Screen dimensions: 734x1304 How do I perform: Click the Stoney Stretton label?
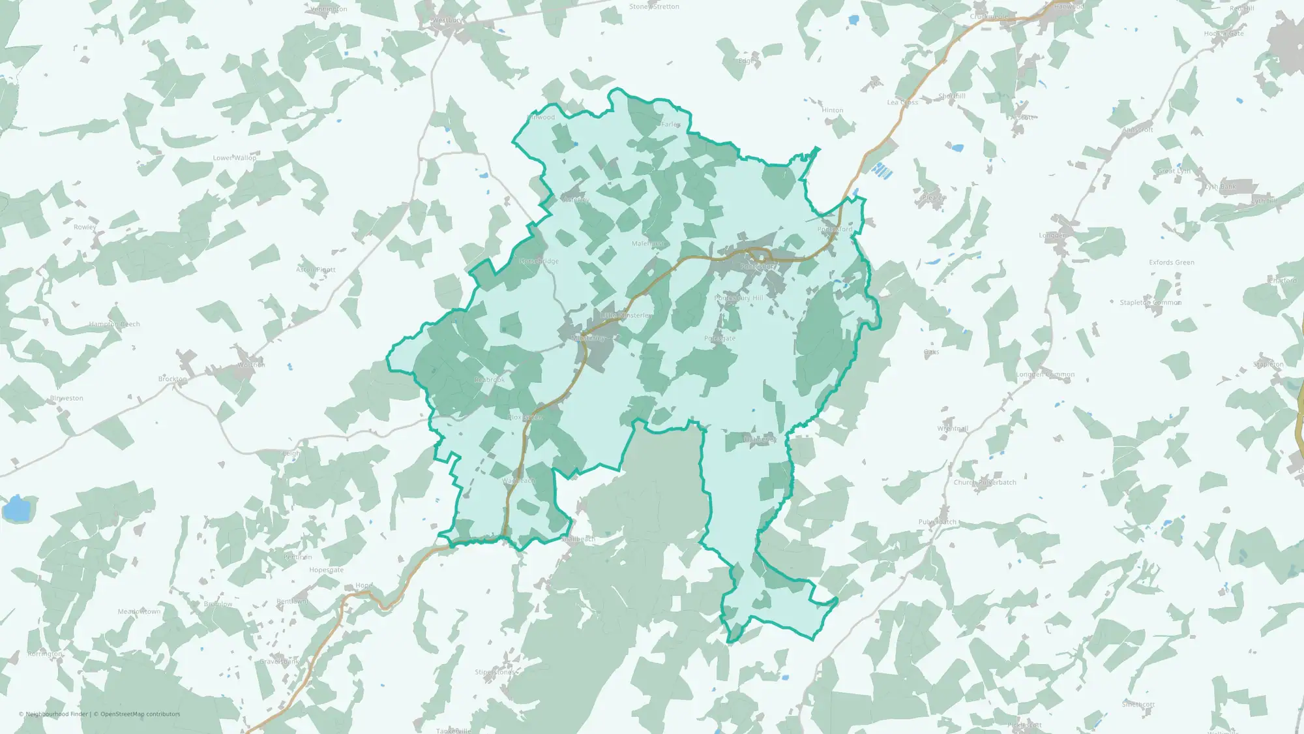click(x=654, y=7)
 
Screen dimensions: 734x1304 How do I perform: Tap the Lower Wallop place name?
click(x=235, y=158)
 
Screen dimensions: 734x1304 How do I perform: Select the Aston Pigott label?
click(x=316, y=269)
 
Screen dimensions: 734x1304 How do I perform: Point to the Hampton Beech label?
click(x=115, y=324)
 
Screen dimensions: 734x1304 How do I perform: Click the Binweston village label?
click(x=67, y=398)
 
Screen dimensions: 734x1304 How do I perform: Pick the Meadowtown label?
click(x=139, y=611)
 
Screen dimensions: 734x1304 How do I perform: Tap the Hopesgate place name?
click(x=326, y=570)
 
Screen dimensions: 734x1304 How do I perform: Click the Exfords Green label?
click(x=1172, y=262)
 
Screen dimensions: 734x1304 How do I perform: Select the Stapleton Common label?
click(x=1150, y=303)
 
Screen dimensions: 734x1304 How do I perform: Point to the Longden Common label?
click(x=1045, y=375)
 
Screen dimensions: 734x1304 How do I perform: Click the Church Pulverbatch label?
click(x=985, y=483)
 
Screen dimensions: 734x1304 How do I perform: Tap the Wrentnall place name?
click(x=953, y=429)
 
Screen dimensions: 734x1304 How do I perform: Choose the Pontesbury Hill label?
click(x=738, y=298)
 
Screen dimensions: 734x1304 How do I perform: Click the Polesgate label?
click(x=720, y=339)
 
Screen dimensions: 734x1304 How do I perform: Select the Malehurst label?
click(x=647, y=243)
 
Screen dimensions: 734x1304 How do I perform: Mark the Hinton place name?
click(x=833, y=110)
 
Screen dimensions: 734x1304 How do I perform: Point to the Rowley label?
click(x=85, y=227)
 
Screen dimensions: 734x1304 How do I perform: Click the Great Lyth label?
click(x=1174, y=171)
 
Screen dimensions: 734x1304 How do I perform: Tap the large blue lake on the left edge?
click(x=16, y=508)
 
